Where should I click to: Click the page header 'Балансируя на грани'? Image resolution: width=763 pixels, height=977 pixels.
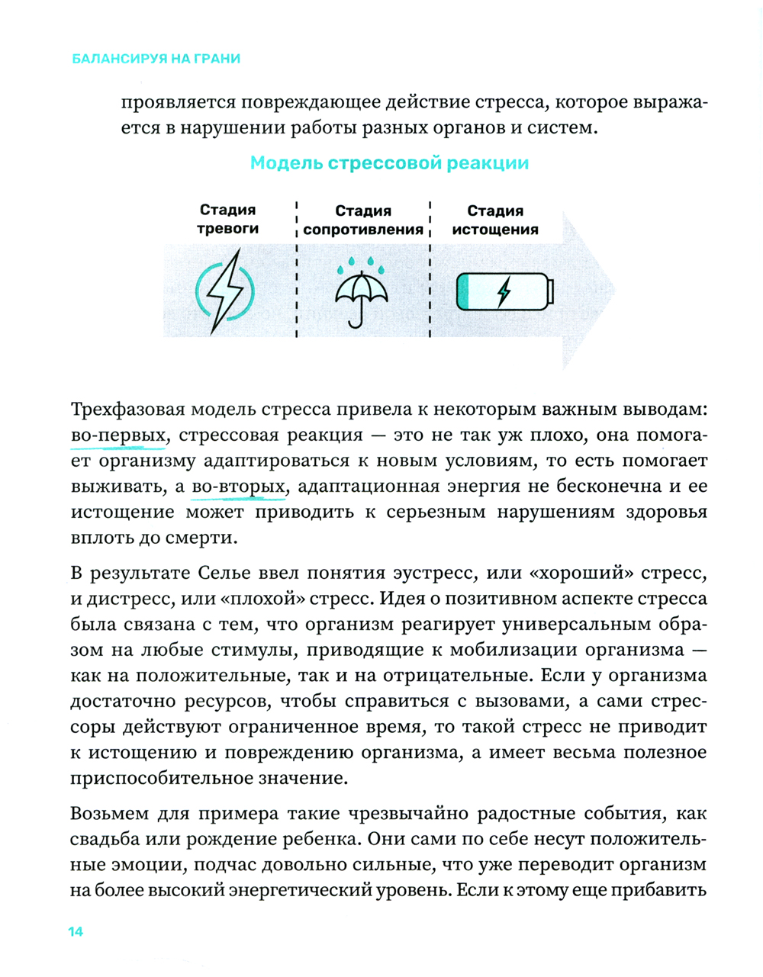coord(156,59)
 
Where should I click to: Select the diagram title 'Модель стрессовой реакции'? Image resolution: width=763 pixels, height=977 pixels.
coord(389,163)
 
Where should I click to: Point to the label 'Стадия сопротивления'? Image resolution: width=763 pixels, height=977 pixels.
coord(363,220)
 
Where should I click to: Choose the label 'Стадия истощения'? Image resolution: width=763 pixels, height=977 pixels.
coord(494,220)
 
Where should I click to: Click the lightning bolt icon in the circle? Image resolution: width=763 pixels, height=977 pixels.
coord(226,291)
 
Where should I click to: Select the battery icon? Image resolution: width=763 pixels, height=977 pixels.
coord(505,292)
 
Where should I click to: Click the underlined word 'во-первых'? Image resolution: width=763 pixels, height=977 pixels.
coord(118,435)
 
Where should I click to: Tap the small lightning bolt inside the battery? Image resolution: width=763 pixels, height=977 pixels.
coord(503,292)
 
